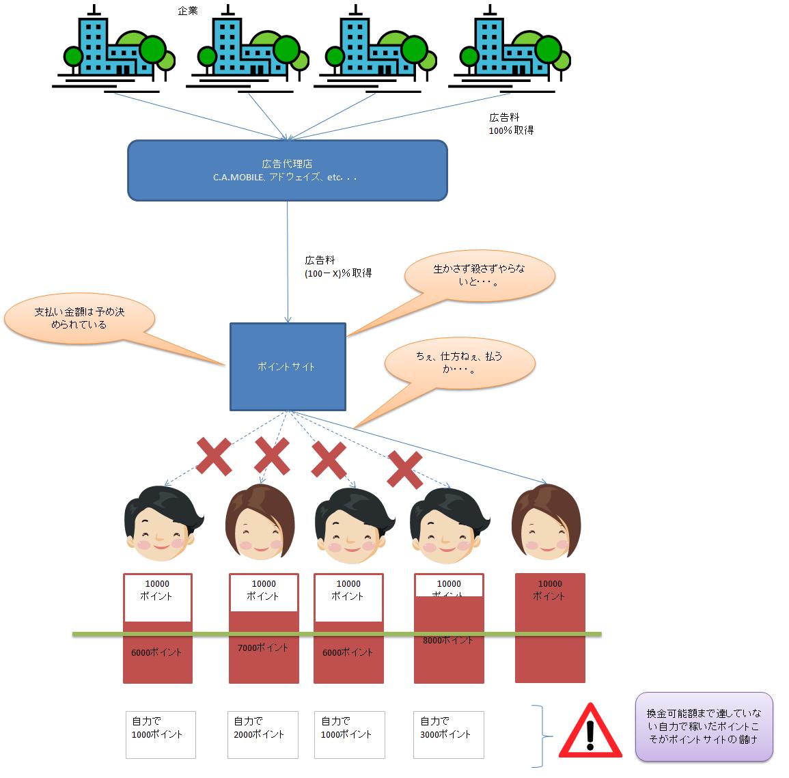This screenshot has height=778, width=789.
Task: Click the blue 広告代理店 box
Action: (287, 170)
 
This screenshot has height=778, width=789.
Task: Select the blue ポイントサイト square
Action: (287, 367)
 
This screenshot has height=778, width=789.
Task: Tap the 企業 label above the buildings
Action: (188, 12)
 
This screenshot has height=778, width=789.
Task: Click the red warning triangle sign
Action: (590, 733)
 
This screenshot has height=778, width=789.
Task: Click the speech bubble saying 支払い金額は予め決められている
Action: (80, 318)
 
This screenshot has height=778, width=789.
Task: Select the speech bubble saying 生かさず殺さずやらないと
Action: (480, 275)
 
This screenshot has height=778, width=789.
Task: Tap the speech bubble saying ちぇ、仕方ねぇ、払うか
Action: (458, 363)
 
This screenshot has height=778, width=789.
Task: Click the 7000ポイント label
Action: (263, 648)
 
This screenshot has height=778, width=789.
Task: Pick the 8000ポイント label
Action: (448, 640)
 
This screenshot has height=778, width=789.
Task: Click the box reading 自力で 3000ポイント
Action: (448, 734)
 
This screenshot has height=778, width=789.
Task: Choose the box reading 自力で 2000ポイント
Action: (262, 734)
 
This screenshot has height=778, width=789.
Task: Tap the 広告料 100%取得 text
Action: (511, 124)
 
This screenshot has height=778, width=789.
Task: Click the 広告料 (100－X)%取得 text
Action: (337, 267)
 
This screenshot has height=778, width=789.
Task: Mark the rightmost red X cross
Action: (404, 470)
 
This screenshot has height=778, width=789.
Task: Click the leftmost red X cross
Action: (214, 457)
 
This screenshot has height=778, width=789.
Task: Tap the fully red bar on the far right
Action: (550, 628)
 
